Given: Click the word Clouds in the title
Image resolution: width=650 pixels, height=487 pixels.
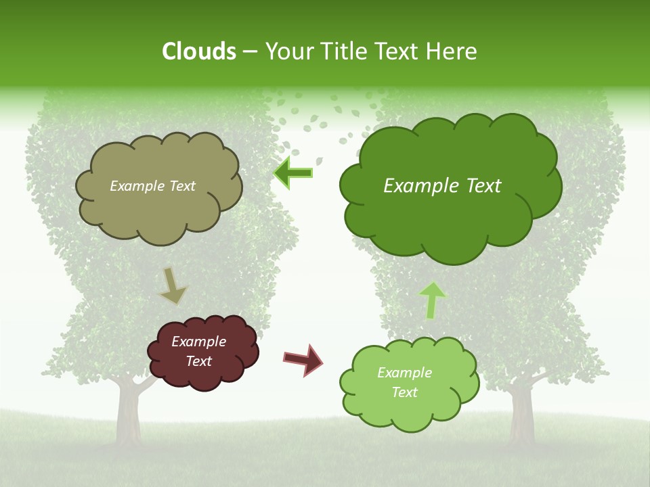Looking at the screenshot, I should [199, 51].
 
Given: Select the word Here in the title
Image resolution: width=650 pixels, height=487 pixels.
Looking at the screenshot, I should [452, 51].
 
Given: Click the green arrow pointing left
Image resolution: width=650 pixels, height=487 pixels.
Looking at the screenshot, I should [294, 173].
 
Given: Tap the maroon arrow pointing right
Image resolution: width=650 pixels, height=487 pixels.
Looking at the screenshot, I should [303, 359].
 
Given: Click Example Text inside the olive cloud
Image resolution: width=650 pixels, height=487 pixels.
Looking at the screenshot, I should [152, 186].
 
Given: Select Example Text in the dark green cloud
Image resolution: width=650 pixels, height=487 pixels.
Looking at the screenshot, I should [442, 186].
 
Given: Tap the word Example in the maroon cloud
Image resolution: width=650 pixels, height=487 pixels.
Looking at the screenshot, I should [198, 342].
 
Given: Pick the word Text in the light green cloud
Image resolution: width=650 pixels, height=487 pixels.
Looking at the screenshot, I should [405, 392].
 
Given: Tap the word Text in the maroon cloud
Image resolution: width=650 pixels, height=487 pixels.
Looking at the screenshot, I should [199, 361].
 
